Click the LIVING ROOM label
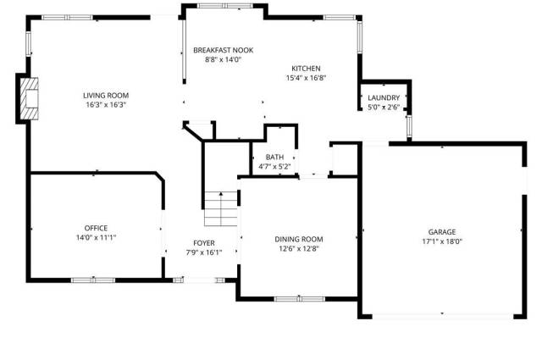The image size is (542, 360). tap(106, 96)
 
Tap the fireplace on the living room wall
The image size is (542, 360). tap(29, 99)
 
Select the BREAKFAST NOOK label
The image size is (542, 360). tap(224, 50)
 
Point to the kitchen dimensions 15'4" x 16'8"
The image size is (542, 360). tap(307, 78)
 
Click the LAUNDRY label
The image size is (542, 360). tap(384, 98)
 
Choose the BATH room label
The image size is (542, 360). tap(274, 158)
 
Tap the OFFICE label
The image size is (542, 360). tap(96, 228)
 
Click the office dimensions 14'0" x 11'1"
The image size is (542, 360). tap(96, 237)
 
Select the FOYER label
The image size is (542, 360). tap(204, 243)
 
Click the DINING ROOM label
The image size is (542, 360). tap(299, 240)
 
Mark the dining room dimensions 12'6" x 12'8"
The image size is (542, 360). tap(299, 249)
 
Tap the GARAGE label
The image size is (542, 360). tap(442, 232)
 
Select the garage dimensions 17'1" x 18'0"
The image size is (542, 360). tap(442, 241)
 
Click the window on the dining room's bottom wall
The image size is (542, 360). tap(299, 299)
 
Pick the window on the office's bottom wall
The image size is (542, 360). tap(93, 280)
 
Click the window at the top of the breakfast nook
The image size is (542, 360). tap(225, 6)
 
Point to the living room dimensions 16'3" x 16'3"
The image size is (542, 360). tap(106, 105)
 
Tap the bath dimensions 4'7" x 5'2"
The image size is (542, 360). tap(274, 167)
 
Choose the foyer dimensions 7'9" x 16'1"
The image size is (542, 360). tap(204, 252)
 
